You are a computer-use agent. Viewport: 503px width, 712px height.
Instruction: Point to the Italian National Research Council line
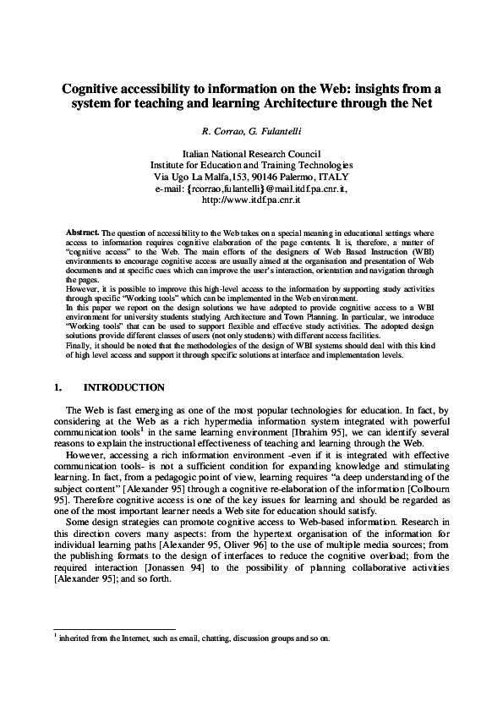[251, 154]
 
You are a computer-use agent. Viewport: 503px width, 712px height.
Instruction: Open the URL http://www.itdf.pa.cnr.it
[251, 201]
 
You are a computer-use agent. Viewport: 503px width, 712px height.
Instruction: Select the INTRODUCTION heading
[124, 388]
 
